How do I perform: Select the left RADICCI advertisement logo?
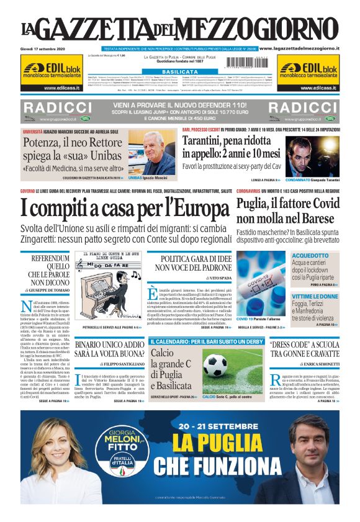56,107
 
